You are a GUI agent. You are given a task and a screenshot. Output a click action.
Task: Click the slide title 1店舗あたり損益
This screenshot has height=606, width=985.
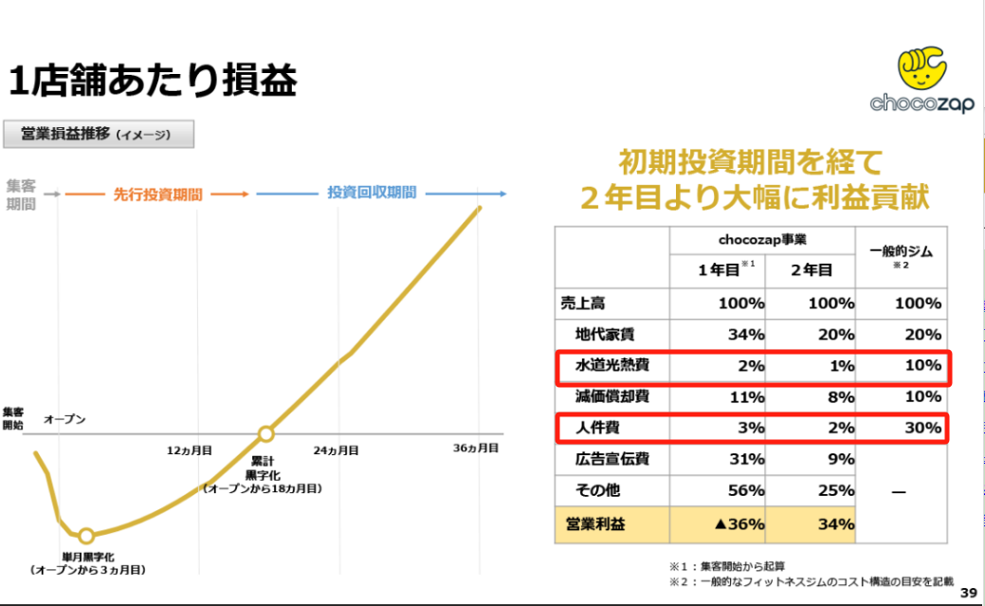click(x=152, y=82)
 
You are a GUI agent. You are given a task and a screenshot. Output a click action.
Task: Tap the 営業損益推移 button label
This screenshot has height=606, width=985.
click(x=99, y=135)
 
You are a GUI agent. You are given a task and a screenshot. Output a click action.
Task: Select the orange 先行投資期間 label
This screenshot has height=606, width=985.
click(x=157, y=193)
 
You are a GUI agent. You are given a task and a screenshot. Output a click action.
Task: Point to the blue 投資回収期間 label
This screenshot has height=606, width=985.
click(x=372, y=193)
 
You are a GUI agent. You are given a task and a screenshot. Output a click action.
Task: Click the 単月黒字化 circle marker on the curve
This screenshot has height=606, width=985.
click(x=86, y=536)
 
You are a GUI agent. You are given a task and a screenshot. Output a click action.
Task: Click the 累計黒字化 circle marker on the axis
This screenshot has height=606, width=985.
click(x=266, y=434)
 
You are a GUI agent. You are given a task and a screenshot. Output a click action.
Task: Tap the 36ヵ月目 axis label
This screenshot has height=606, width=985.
click(x=475, y=448)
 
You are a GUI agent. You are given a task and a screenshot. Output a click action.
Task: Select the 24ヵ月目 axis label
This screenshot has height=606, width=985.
click(x=337, y=450)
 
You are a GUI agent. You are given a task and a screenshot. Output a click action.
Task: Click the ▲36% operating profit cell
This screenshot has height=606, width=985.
click(x=734, y=523)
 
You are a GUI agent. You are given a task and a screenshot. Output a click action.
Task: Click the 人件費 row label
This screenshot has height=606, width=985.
click(x=596, y=428)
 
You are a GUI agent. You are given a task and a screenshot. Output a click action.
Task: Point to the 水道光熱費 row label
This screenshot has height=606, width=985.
click(x=611, y=365)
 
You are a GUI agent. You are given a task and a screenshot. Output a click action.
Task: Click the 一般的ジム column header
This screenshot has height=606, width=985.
click(x=902, y=252)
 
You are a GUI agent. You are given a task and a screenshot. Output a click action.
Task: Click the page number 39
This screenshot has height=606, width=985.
click(x=968, y=593)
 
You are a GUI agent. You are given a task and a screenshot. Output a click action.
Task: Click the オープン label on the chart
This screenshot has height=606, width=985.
click(x=64, y=418)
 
